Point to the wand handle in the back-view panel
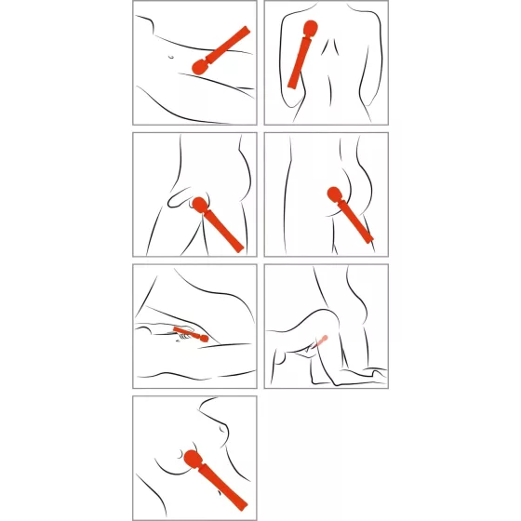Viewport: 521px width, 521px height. (300, 63)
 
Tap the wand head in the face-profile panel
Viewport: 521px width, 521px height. (193, 460)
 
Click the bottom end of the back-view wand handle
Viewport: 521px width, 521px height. (292, 87)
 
